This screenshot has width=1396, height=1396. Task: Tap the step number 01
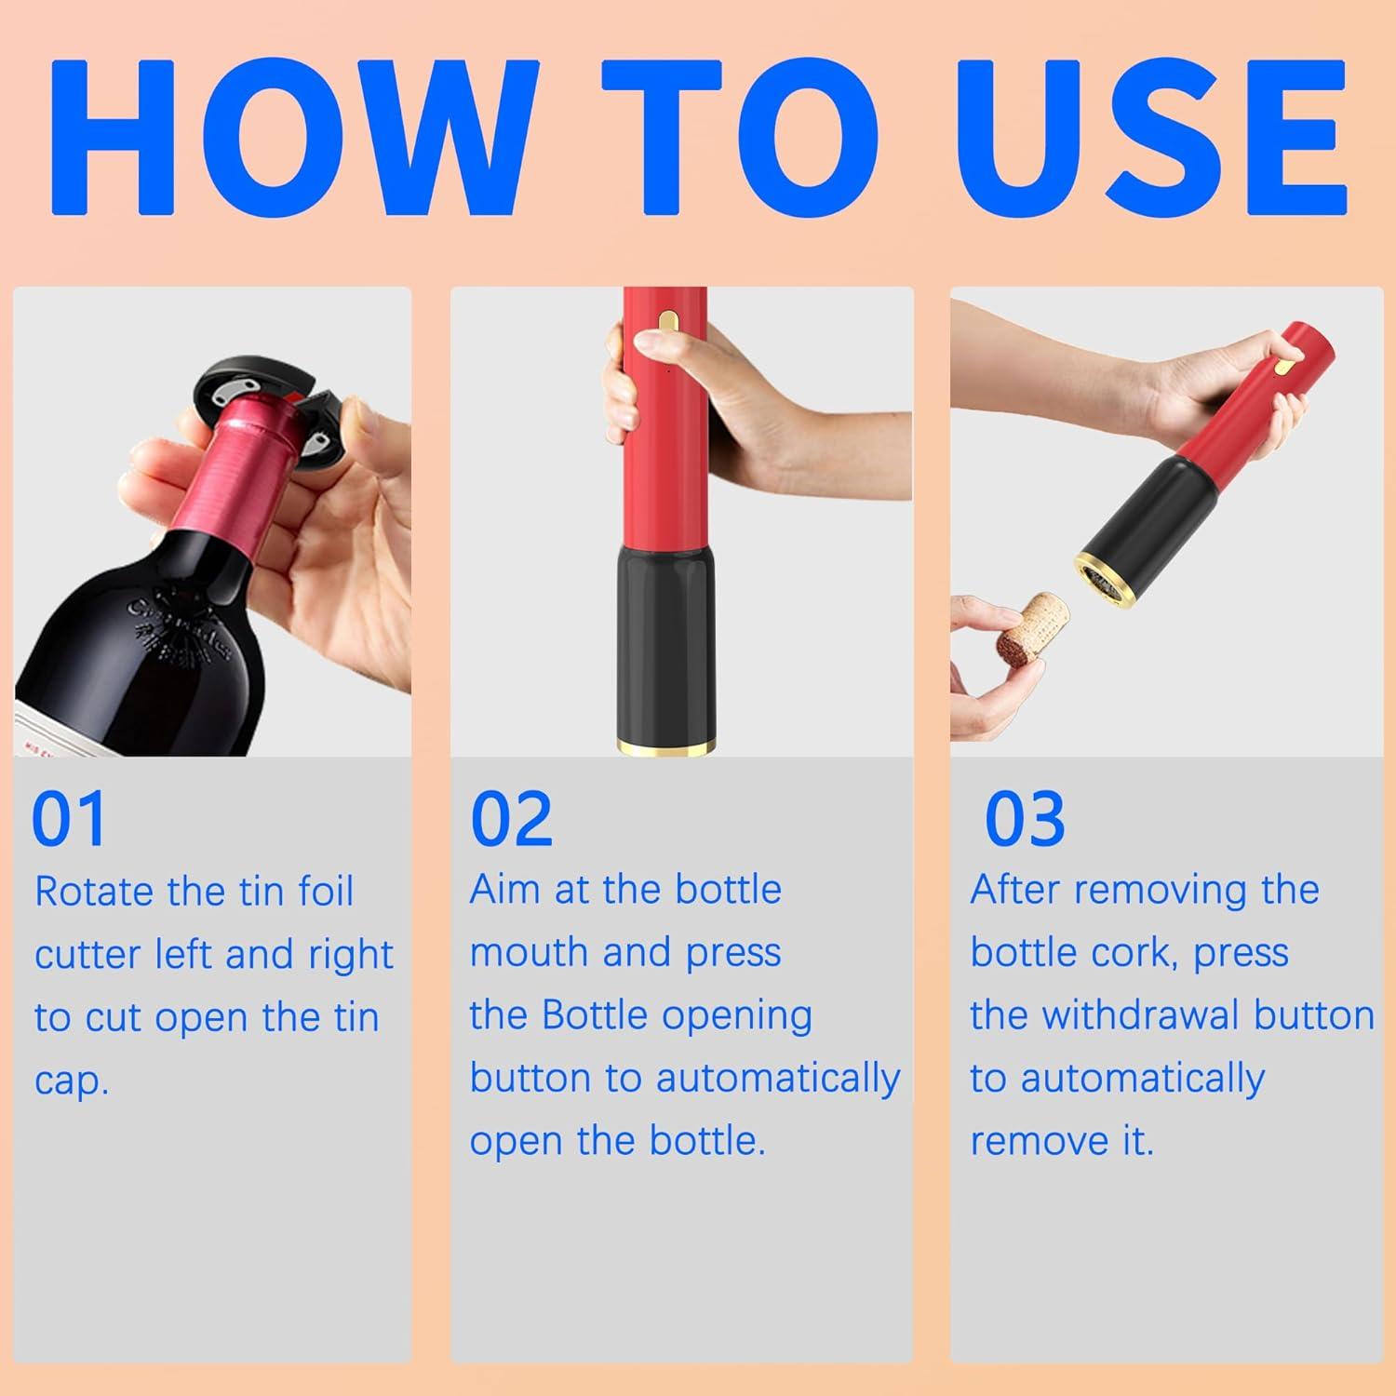[69, 819]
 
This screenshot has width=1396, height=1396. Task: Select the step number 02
[511, 819]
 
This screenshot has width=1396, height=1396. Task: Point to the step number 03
[1025, 819]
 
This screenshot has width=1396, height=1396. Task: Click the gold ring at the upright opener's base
[664, 746]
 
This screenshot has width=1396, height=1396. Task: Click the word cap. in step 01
[72, 1082]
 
